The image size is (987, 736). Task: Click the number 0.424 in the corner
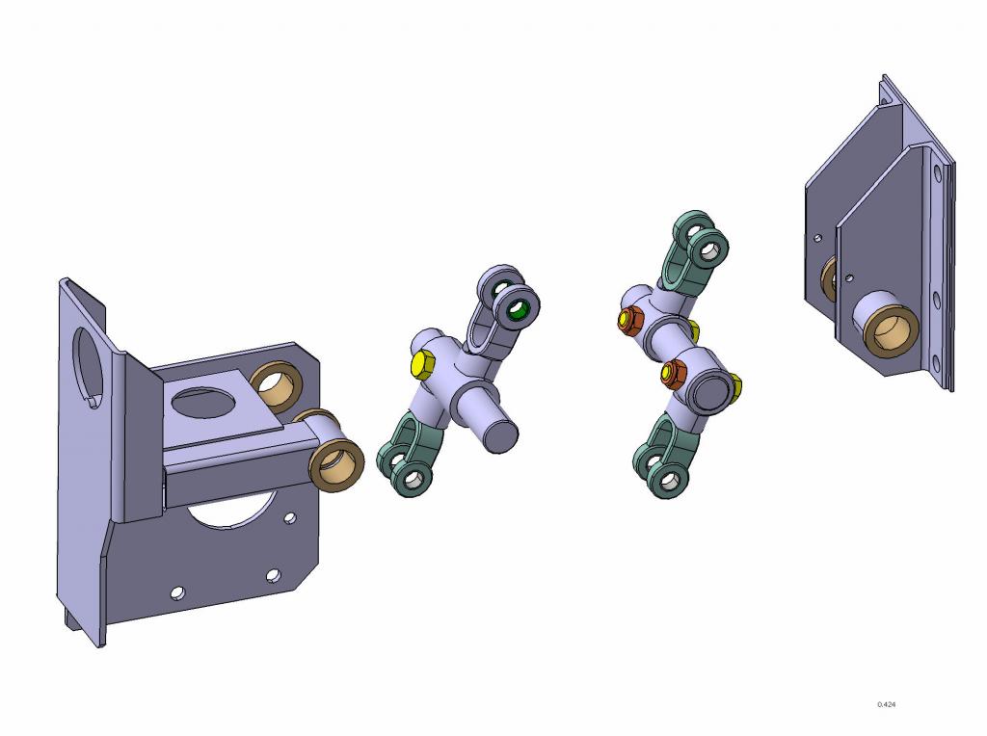[x=886, y=704]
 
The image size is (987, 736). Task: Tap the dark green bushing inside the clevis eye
[x=518, y=309]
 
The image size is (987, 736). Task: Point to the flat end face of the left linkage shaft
[x=501, y=435]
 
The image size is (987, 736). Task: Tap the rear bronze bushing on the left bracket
[x=276, y=387]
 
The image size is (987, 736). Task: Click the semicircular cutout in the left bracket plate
[x=231, y=511]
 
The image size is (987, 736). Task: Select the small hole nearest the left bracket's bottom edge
[x=178, y=593]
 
